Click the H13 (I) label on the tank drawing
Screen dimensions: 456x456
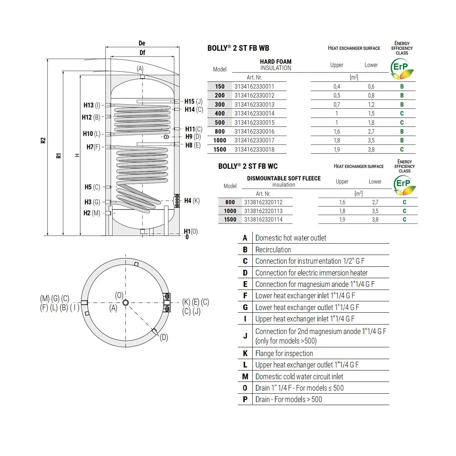(92, 105)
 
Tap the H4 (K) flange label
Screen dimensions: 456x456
(192, 201)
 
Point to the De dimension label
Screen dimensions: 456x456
(142, 43)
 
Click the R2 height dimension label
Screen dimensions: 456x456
(43, 140)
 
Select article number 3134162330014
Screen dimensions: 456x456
(254, 113)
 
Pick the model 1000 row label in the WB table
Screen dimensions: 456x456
(220, 140)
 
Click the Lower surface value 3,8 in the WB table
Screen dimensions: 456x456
(371, 150)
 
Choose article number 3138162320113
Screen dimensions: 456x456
(263, 211)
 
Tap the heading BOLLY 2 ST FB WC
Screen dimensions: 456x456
(248, 166)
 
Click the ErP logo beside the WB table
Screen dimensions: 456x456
(402, 69)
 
